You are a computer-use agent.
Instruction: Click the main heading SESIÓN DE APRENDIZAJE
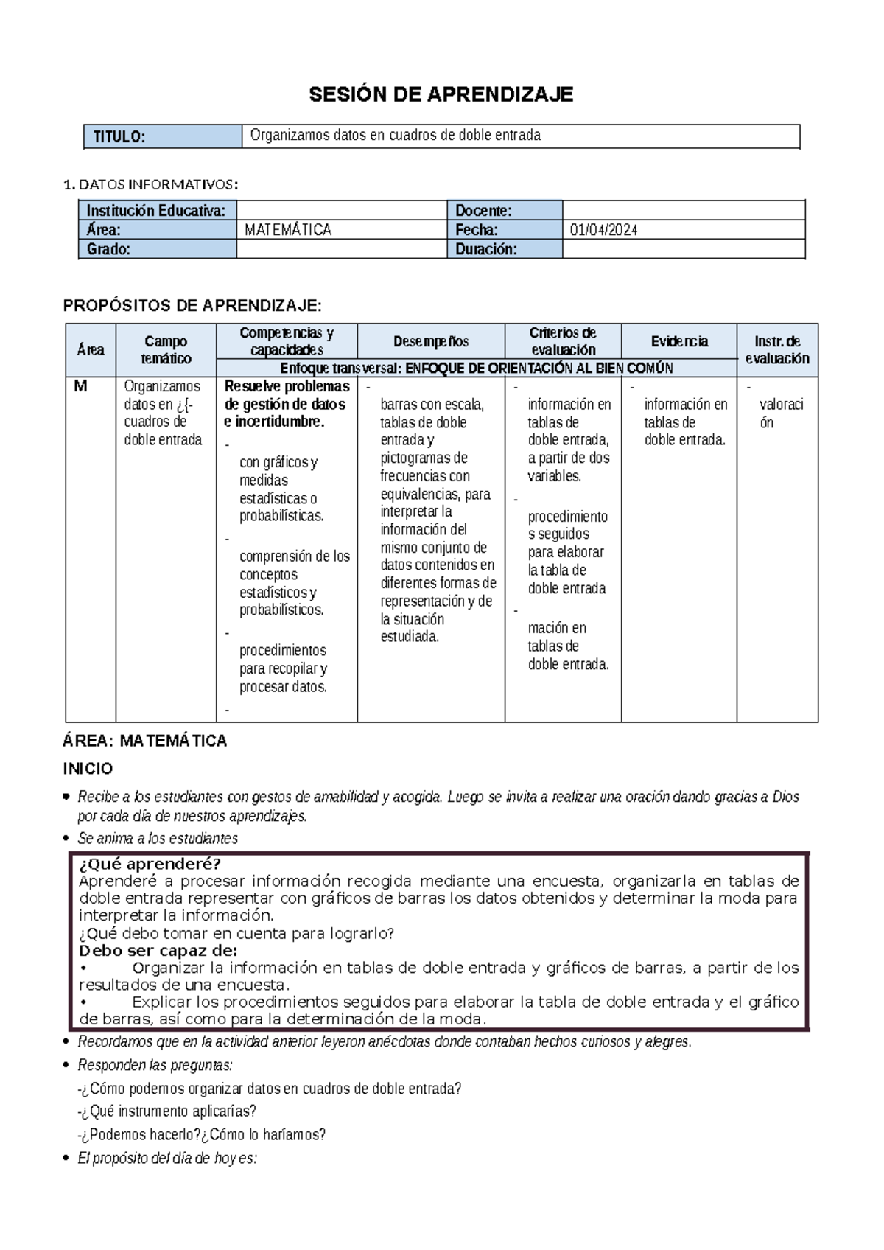pos(441,94)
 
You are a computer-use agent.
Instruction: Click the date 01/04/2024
pos(603,230)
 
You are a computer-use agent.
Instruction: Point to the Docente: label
pos(483,211)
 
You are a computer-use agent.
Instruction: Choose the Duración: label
pos(486,249)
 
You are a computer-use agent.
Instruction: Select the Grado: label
pos(108,249)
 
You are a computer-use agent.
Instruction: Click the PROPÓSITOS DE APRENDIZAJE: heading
pos(192,306)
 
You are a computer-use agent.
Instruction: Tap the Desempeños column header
pos(431,341)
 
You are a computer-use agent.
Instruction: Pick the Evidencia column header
pos(678,341)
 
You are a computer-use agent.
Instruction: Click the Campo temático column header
pos(166,350)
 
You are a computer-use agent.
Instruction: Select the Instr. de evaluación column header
pos(777,350)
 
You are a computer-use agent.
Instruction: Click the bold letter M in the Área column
pos(80,386)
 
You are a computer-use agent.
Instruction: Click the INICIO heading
pos(88,769)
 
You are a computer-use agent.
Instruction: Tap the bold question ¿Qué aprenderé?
pos(150,864)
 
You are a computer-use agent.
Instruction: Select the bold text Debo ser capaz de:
pos(158,950)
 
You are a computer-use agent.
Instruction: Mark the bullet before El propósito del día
pos(68,1158)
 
